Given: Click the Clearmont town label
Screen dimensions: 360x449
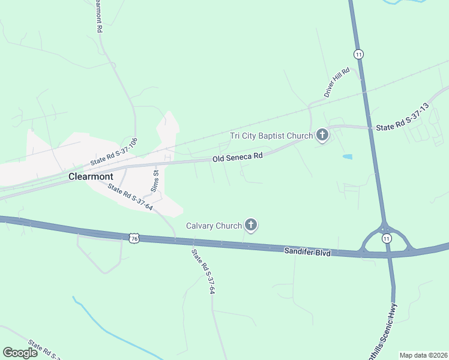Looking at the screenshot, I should click(x=91, y=176).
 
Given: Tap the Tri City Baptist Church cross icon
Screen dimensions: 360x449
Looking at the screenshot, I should click(x=322, y=135).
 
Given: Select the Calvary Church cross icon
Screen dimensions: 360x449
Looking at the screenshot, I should click(x=251, y=226).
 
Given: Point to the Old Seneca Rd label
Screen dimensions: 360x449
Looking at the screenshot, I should click(x=238, y=158).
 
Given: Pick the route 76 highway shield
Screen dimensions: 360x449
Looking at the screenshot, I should click(x=133, y=238).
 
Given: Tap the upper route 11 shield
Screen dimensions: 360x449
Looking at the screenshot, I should click(x=359, y=54).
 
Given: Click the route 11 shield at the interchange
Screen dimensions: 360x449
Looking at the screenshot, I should click(x=386, y=238).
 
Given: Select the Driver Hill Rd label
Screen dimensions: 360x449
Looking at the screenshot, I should click(x=336, y=82).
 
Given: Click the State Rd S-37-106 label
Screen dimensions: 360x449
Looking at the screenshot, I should click(x=114, y=152).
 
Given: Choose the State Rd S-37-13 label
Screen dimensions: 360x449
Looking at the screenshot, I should click(x=402, y=118).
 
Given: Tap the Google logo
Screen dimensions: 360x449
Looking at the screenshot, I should click(x=20, y=352).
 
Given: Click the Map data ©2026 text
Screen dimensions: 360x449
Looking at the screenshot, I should click(x=423, y=355).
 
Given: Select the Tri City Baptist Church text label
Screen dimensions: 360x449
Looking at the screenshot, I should click(x=272, y=136).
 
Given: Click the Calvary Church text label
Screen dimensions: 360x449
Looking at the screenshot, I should click(x=214, y=226).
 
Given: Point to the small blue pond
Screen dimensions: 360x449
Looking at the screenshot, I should click(x=347, y=157).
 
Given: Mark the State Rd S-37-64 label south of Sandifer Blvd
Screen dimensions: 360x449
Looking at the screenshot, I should click(x=202, y=271).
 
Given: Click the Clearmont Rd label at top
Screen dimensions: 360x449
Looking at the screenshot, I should click(x=98, y=16).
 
